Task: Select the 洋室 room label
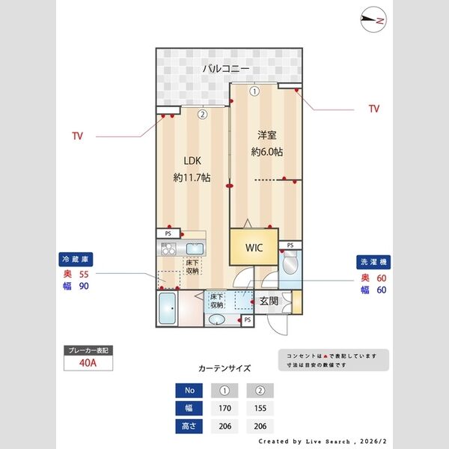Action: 266,135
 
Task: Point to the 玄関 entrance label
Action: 269,302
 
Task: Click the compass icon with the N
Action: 372,20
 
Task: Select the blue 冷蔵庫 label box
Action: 76,258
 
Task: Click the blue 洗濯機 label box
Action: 371,263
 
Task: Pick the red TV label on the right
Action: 373,109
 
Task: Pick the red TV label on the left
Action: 77,136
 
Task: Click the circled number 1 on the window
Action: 254,91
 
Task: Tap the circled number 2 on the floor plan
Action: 202,115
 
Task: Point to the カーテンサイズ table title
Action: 224,368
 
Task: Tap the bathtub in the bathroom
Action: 168,309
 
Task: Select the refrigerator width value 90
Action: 85,287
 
